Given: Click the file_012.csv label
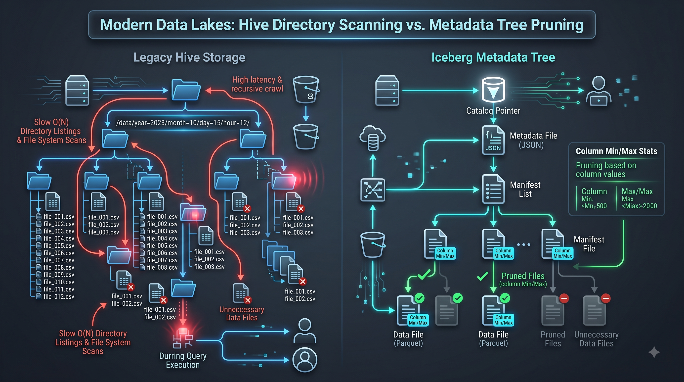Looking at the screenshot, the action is [59, 296].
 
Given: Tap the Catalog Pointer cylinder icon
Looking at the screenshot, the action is [493, 90].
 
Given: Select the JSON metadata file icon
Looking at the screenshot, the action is [493, 140].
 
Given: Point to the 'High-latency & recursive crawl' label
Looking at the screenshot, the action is [257, 84].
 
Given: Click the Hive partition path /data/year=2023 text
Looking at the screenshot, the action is [183, 123].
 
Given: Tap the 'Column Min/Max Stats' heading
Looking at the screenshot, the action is [616, 151].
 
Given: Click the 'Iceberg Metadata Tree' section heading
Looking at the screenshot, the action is [493, 57].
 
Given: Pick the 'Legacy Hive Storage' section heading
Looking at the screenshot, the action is [189, 57].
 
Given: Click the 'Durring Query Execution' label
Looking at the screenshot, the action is [183, 360].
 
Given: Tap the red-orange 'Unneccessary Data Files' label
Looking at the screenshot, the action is [242, 313].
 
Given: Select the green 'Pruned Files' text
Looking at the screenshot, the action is [523, 276].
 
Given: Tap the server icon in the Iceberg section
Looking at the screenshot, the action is [387, 90].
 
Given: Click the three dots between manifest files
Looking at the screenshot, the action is [524, 245].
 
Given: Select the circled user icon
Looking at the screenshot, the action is [304, 360].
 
